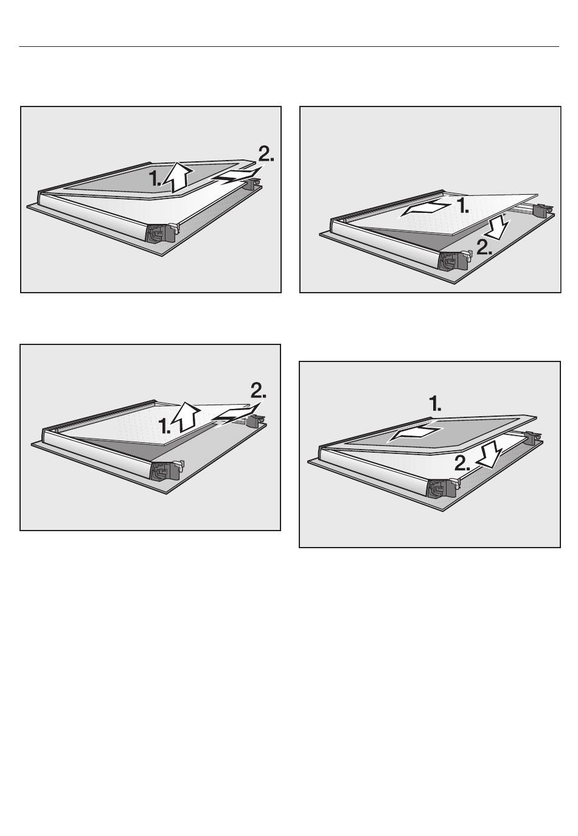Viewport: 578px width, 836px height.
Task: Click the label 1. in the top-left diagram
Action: (x=155, y=178)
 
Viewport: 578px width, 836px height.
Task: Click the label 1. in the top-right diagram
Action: (x=462, y=205)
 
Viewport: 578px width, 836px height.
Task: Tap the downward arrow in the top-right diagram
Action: (x=500, y=227)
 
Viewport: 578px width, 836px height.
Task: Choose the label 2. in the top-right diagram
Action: (x=484, y=246)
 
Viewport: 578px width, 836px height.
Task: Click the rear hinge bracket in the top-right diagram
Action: (x=543, y=210)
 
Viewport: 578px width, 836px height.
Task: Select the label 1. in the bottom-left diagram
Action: (x=164, y=426)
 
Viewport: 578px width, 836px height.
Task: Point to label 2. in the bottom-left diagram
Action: (x=258, y=391)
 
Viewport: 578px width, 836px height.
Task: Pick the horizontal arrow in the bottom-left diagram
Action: (x=236, y=416)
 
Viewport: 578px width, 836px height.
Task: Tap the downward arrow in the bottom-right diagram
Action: (x=489, y=454)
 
